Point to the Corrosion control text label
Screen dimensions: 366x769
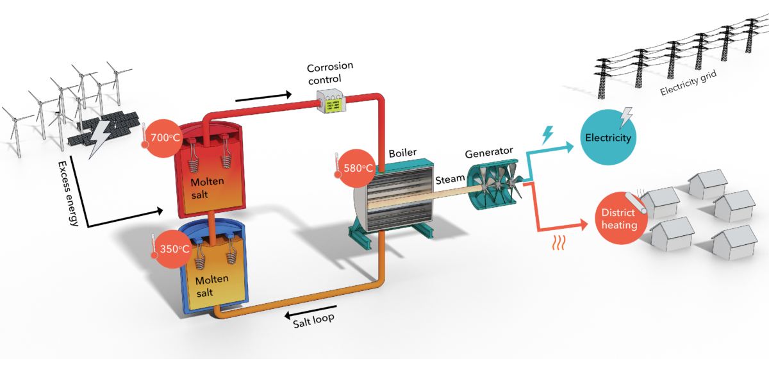click(330, 72)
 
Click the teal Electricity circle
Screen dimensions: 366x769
click(608, 138)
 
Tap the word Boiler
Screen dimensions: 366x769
click(403, 154)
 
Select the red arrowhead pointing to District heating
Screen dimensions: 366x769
click(583, 224)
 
